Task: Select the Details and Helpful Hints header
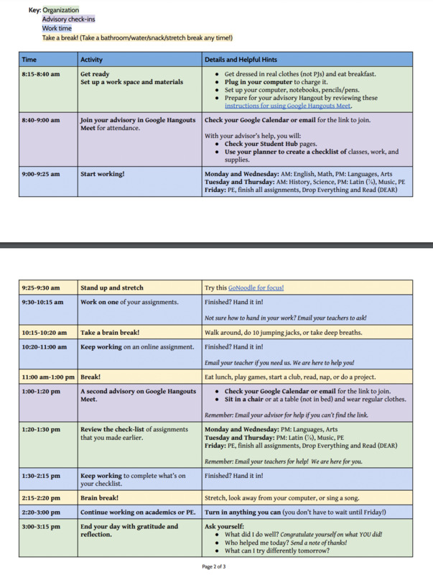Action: tap(241, 60)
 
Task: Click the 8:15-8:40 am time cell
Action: tap(41, 74)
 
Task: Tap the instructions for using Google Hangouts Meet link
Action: tap(288, 106)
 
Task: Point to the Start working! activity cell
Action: tap(103, 174)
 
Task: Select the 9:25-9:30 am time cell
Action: tap(41, 287)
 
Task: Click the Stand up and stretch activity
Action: tap(111, 287)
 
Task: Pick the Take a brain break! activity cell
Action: tap(110, 333)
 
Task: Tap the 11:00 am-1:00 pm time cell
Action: tap(48, 377)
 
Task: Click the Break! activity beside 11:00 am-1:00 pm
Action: tap(90, 377)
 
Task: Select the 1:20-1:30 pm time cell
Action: tap(41, 429)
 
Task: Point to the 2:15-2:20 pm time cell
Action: tap(41, 497)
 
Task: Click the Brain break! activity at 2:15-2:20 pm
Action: tap(100, 497)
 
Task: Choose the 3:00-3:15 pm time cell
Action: tap(41, 526)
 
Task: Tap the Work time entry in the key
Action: tap(57, 29)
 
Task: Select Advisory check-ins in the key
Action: tap(68, 19)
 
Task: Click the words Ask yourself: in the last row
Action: tap(224, 526)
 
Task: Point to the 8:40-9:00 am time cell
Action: tap(41, 120)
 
